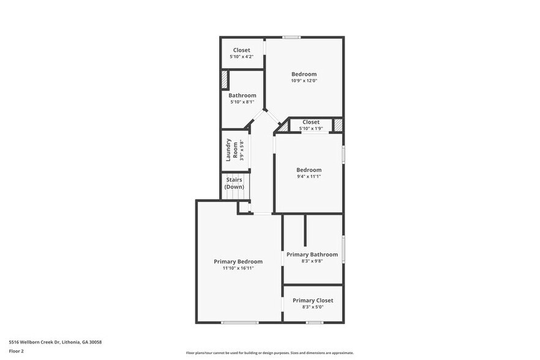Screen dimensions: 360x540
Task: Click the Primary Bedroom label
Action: [x=238, y=261]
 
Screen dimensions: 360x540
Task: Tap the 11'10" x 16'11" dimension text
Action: [x=238, y=268]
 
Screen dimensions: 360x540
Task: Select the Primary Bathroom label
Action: [x=312, y=255]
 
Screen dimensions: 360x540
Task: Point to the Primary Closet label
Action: [x=312, y=301]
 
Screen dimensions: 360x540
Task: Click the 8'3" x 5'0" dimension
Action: [x=312, y=307]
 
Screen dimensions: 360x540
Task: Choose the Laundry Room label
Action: [x=230, y=150]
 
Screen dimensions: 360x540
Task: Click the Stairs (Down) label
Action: [x=234, y=183]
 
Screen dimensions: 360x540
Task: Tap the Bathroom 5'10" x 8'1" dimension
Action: [x=242, y=102]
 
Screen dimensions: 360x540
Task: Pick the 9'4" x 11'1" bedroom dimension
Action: [x=309, y=176]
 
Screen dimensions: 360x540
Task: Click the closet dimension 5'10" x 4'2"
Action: [x=241, y=57]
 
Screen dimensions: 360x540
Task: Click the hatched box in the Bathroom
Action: [x=225, y=80]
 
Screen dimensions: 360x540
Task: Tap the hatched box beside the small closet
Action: [x=337, y=125]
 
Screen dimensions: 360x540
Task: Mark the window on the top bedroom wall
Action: [x=291, y=37]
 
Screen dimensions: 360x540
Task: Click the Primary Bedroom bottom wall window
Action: [x=239, y=323]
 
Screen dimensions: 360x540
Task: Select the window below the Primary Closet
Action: [x=315, y=323]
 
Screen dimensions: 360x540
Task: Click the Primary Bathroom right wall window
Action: [x=343, y=249]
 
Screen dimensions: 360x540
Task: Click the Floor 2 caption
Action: [x=16, y=351]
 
